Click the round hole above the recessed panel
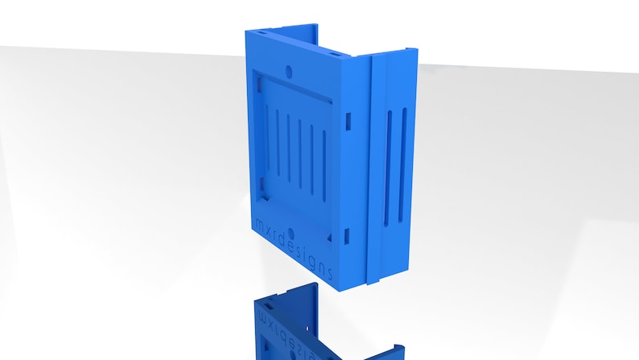tap(289, 72)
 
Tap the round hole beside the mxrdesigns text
tap(291, 234)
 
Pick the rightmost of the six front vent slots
tap(324, 166)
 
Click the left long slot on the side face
tap(388, 168)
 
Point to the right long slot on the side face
tap(402, 165)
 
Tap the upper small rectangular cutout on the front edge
tap(348, 122)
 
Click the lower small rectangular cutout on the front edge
tap(347, 237)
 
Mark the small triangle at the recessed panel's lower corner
tap(328, 238)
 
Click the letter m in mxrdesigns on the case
tap(258, 223)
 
